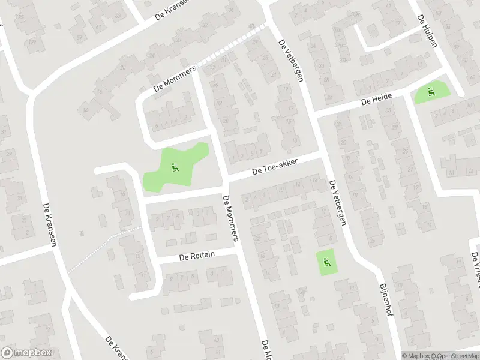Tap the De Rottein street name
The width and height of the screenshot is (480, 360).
click(197, 256)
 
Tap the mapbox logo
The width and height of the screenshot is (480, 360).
click(26, 353)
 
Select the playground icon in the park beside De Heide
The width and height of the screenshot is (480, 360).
click(431, 92)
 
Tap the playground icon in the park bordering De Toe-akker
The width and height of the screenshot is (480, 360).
click(175, 167)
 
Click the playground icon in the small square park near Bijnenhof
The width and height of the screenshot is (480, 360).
click(326, 261)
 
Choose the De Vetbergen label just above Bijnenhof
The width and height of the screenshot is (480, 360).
click(337, 203)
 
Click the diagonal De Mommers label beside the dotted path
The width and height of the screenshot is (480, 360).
click(175, 79)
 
